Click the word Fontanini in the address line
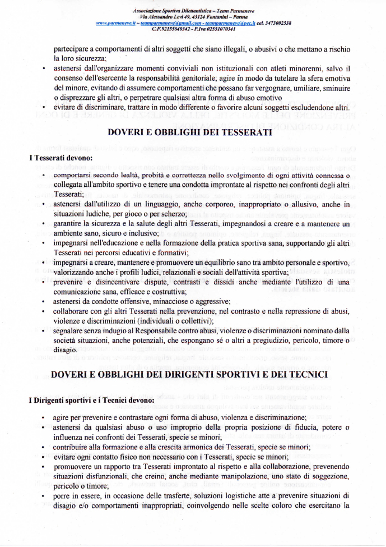219,17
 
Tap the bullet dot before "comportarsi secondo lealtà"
43,176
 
